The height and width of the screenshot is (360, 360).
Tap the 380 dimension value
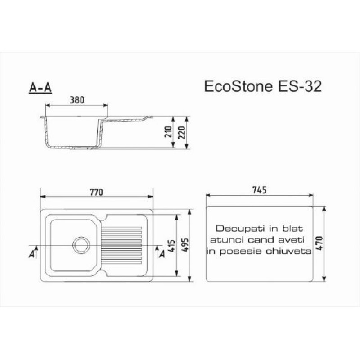pos(77,100)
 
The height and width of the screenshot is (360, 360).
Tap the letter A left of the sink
pos(31,254)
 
